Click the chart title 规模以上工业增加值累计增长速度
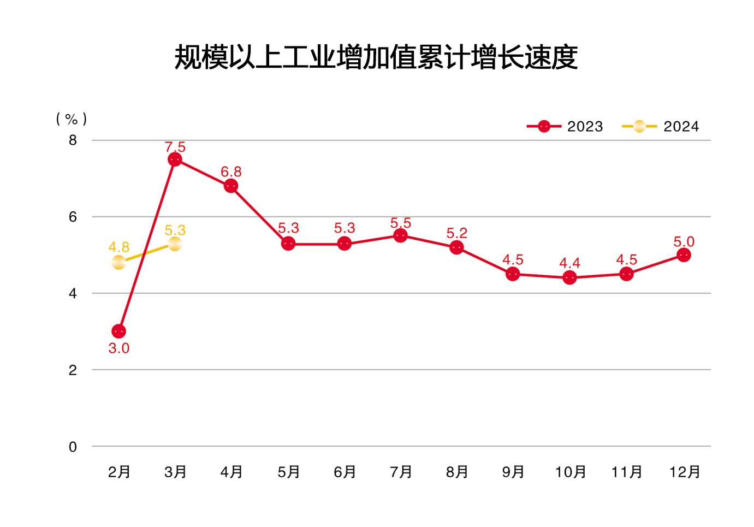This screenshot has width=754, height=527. (x=376, y=57)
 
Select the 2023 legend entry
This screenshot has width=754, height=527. (x=565, y=127)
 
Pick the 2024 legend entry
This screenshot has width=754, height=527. (x=660, y=127)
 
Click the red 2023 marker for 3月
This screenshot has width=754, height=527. (x=175, y=159)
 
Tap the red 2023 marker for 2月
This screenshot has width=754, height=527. (x=118, y=331)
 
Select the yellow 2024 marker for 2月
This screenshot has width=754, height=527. (x=118, y=263)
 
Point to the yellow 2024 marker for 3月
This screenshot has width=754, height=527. (x=175, y=244)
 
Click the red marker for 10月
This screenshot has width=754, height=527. (x=569, y=277)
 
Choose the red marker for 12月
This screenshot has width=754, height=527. (x=683, y=255)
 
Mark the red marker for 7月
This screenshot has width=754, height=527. (x=401, y=235)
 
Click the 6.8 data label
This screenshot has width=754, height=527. (x=231, y=172)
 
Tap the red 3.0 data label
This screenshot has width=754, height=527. (x=119, y=348)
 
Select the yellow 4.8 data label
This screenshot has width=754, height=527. (x=119, y=247)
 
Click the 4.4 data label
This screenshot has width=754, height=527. (x=569, y=263)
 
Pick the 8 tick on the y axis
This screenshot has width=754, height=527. (x=73, y=140)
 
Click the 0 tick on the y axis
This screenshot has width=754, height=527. (x=73, y=447)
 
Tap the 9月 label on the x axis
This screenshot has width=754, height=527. (x=513, y=472)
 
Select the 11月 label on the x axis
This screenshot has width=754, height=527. (x=627, y=472)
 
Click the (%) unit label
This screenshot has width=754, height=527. (x=72, y=119)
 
